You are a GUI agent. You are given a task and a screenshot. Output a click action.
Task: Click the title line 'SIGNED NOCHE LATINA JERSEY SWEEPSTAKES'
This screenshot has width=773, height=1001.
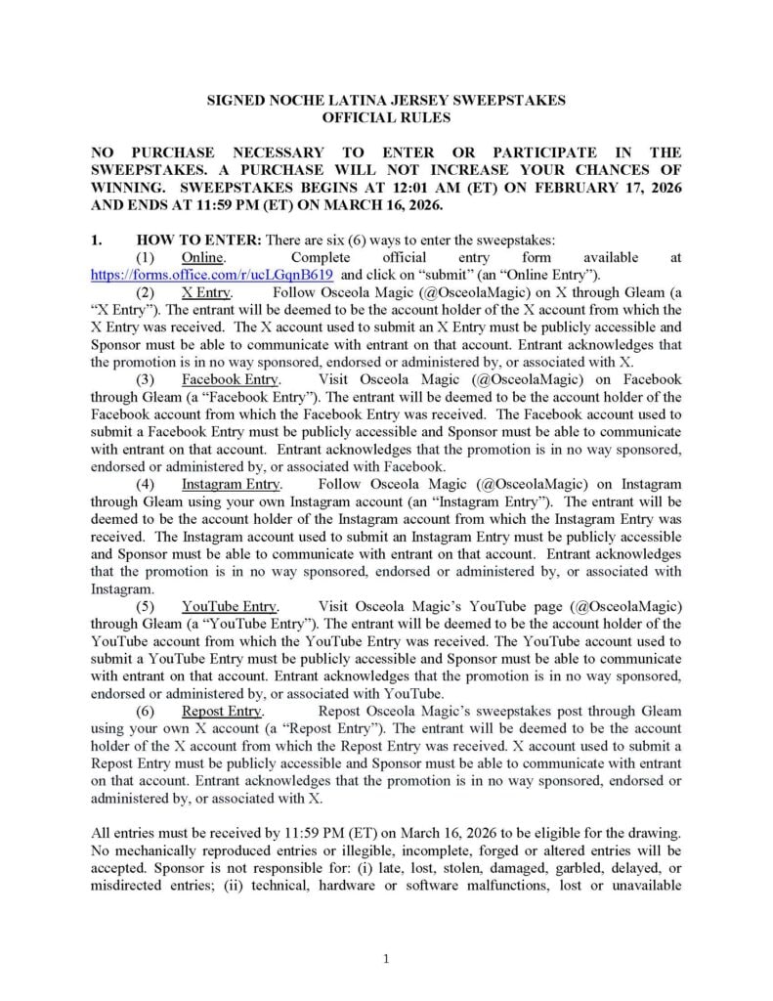coord(387,101)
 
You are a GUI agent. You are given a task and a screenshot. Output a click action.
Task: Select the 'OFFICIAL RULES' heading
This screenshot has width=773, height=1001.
coord(387,117)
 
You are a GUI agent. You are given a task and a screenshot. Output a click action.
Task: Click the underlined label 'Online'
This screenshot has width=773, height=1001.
coord(203,257)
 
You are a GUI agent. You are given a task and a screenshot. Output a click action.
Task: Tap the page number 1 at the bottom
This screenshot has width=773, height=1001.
coord(386,959)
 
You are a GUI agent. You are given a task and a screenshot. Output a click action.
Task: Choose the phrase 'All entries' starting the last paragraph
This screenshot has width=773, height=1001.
coord(122,833)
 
